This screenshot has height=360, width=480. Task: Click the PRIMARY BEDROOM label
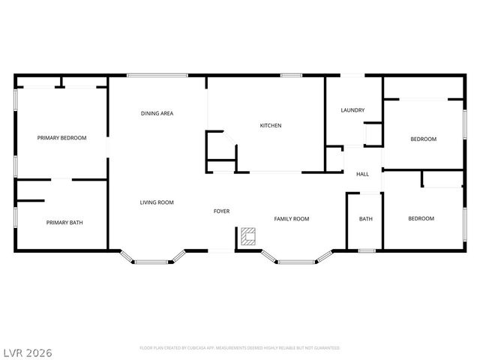pyautogui.click(x=62, y=138)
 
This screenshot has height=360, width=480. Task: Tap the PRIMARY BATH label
pyautogui.click(x=64, y=222)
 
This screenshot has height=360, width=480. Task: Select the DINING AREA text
pyautogui.click(x=157, y=113)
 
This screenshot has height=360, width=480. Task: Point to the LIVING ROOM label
pyautogui.click(x=157, y=202)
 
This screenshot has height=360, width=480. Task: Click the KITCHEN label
pyautogui.click(x=271, y=125)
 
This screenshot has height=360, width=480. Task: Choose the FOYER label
pyautogui.click(x=221, y=211)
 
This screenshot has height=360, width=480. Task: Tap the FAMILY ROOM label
pyautogui.click(x=291, y=219)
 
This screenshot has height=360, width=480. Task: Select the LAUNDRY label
pyautogui.click(x=352, y=110)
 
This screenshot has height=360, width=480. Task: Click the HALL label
pyautogui.click(x=362, y=175)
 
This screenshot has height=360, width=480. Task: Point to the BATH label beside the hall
pyautogui.click(x=365, y=219)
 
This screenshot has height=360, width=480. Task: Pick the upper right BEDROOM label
pyautogui.click(x=423, y=139)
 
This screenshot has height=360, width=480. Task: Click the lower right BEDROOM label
pyautogui.click(x=421, y=219)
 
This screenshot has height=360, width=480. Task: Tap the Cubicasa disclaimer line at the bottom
pyautogui.click(x=240, y=348)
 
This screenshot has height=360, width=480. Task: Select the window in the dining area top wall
pyautogui.click(x=157, y=75)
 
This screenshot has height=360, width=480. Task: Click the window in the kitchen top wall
pyautogui.click(x=291, y=75)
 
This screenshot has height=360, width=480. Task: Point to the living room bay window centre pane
pyautogui.click(x=154, y=261)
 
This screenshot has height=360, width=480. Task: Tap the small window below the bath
pyautogui.click(x=366, y=250)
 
